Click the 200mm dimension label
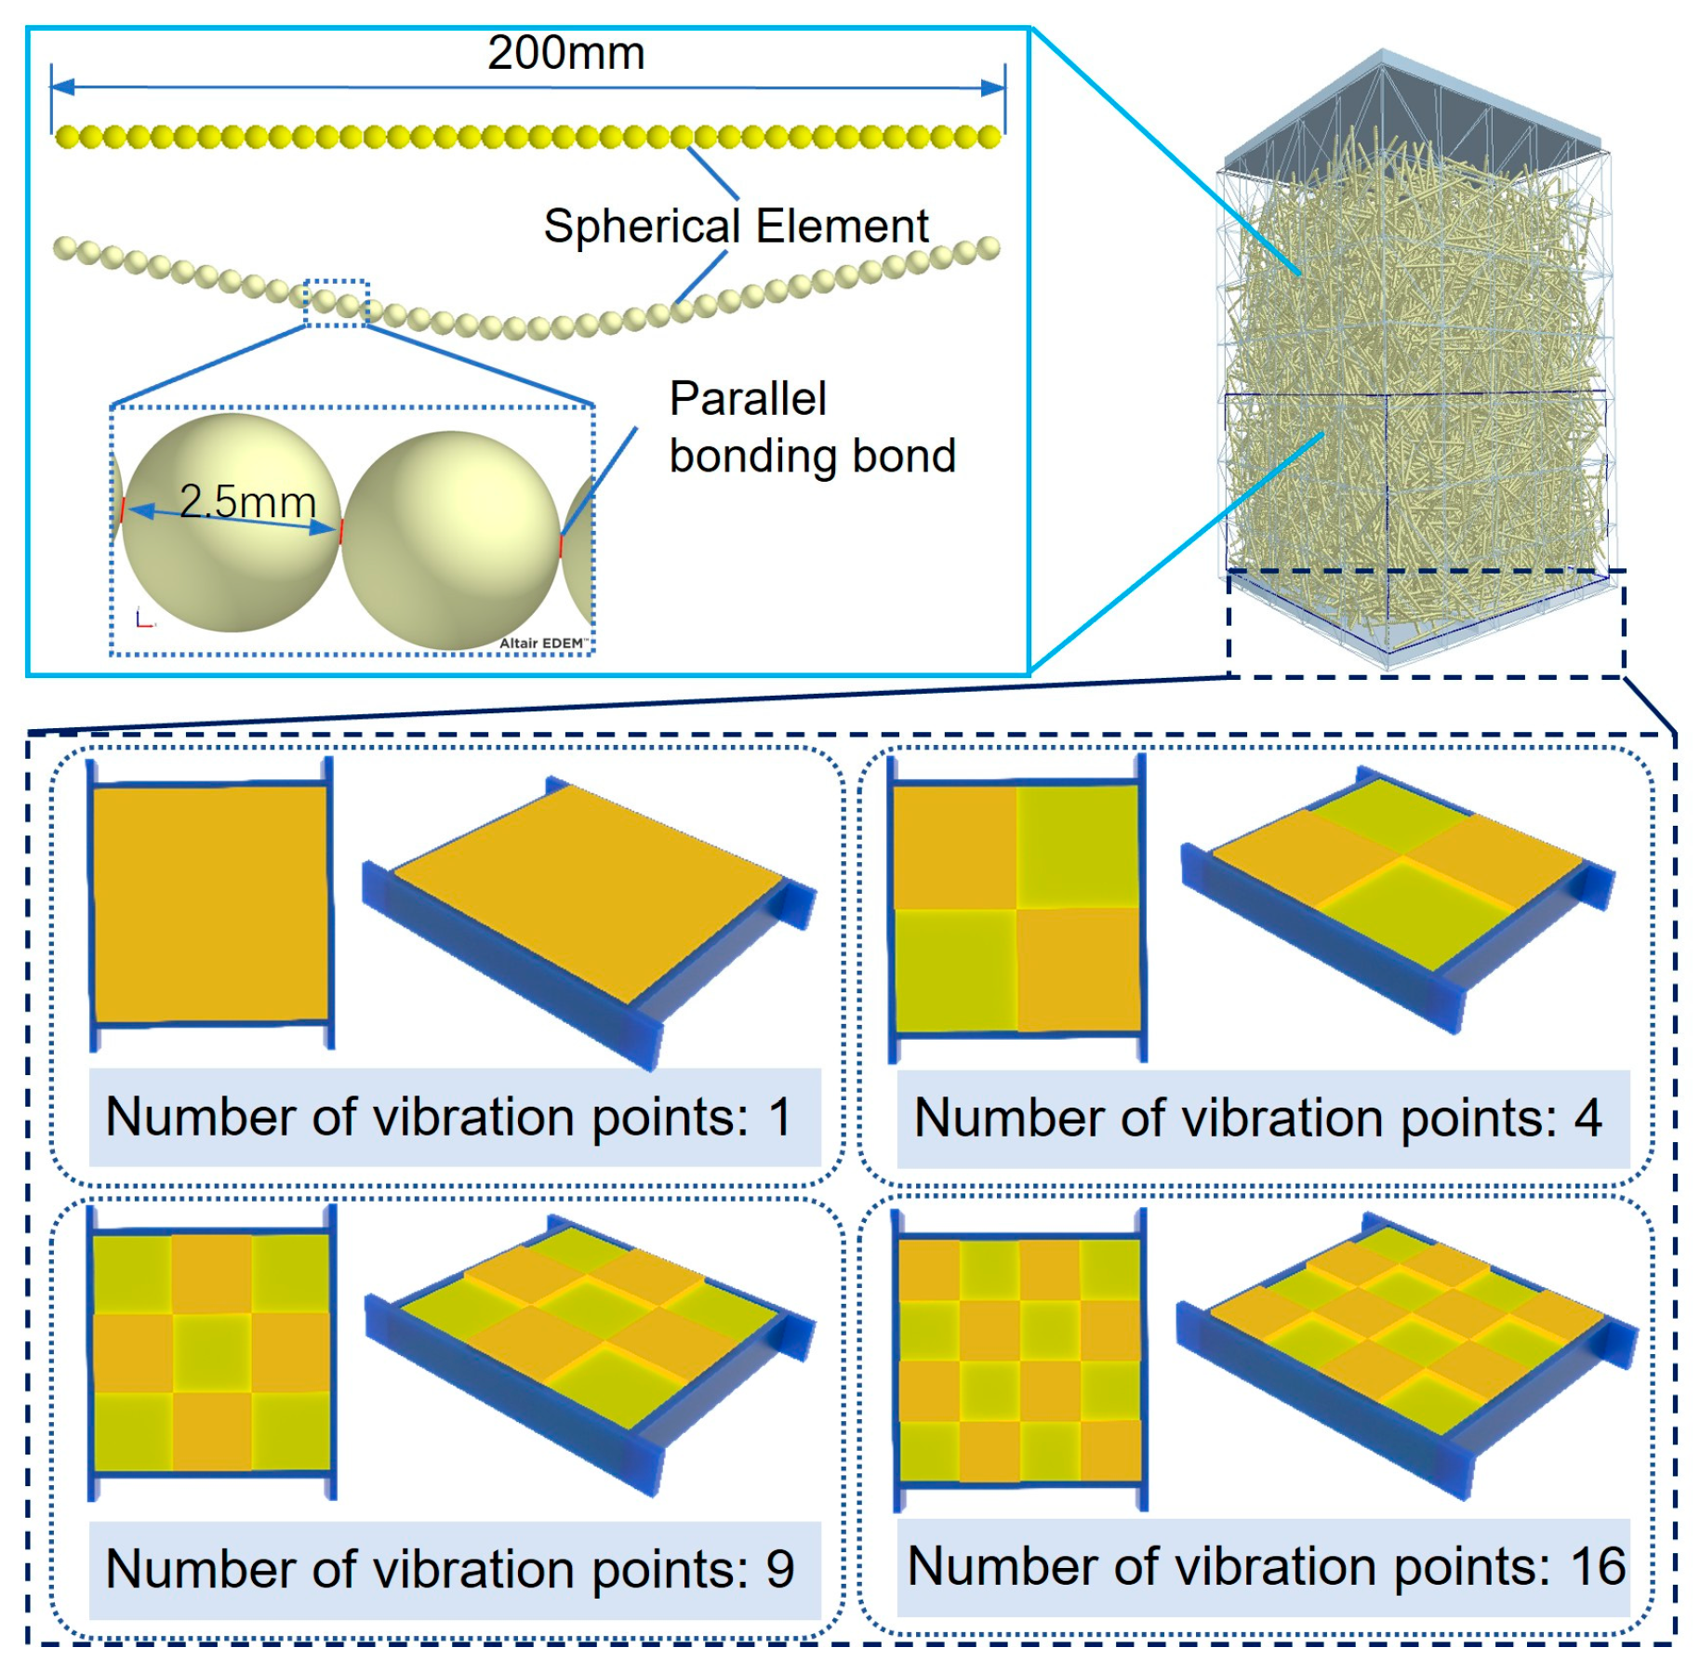click(x=565, y=53)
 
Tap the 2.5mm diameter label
click(x=247, y=502)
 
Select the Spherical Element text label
click(x=736, y=226)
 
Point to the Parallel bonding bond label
click(x=812, y=428)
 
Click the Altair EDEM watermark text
click(x=542, y=643)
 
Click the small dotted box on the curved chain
click(x=337, y=303)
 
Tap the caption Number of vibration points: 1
click(x=449, y=1117)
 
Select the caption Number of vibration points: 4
click(x=1257, y=1118)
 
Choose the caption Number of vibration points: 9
click(x=450, y=1570)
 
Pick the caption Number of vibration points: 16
click(x=1266, y=1567)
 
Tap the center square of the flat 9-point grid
click(x=212, y=1351)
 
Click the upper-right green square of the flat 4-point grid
click(x=1078, y=846)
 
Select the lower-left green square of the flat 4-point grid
click(x=955, y=970)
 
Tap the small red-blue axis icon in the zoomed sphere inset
click(x=143, y=618)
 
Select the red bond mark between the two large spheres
click(x=341, y=531)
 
